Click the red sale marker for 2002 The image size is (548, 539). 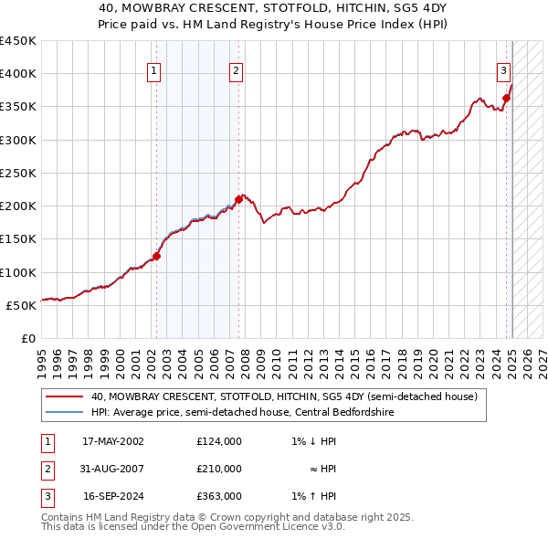click(156, 257)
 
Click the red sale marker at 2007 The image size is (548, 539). click(238, 198)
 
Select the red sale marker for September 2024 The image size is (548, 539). click(506, 99)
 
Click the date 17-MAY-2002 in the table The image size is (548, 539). click(113, 440)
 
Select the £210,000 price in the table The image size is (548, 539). click(219, 469)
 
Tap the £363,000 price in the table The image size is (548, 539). click(219, 497)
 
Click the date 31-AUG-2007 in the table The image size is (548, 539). click(113, 469)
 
